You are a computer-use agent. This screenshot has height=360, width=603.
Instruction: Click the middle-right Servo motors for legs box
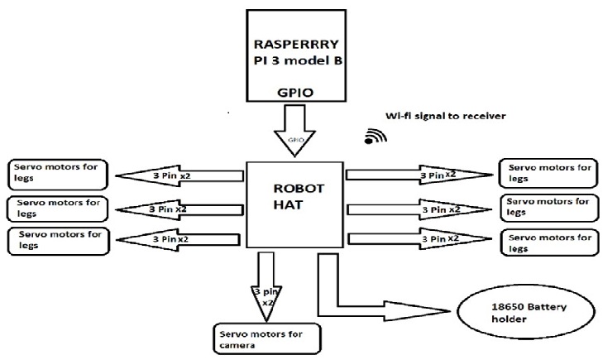[548, 207]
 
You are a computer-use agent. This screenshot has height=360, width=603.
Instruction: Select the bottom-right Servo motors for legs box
[548, 241]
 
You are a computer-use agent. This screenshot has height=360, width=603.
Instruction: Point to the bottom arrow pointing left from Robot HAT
[181, 238]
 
